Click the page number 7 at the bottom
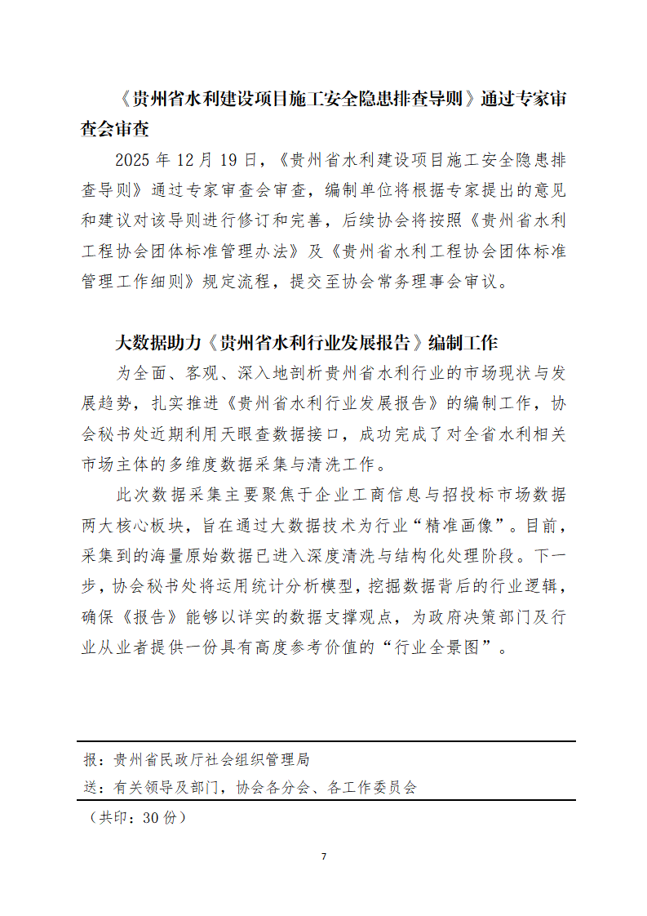click(x=324, y=856)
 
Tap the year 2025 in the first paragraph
click(x=134, y=159)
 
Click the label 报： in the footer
click(x=95, y=760)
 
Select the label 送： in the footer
click(x=95, y=789)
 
